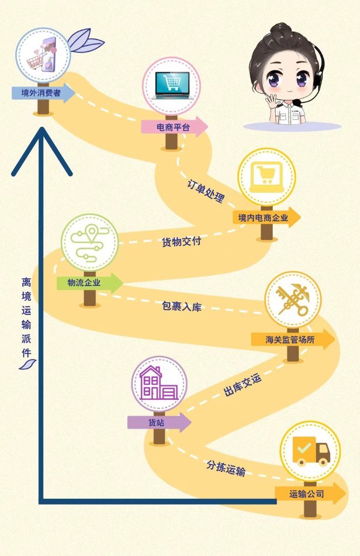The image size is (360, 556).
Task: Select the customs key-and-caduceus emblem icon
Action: click(293, 299)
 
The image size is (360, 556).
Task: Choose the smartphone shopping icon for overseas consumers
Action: click(42, 54)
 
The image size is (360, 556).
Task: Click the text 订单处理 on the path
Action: click(206, 189)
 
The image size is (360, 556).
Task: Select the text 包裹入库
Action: click(182, 306)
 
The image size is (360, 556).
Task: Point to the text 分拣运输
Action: click(226, 468)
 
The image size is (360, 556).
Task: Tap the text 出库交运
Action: click(243, 386)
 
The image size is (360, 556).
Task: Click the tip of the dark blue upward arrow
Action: click(41, 130)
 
